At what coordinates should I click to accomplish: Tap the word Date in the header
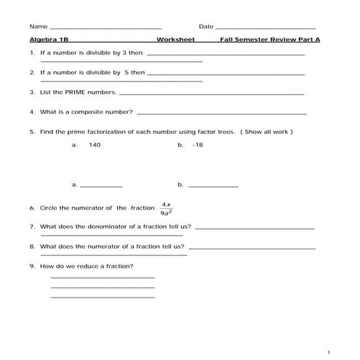[206, 26]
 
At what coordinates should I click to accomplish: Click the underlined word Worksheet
[175, 40]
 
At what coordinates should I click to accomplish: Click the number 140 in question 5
[95, 145]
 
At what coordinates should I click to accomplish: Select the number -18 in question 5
[198, 145]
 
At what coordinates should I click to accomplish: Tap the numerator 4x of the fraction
[166, 204]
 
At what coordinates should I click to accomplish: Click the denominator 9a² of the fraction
[166, 213]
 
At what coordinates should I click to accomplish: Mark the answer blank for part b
[213, 186]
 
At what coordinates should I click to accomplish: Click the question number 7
[32, 226]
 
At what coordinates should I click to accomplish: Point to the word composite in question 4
[92, 113]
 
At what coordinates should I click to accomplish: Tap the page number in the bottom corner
[329, 352]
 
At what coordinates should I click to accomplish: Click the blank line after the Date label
[265, 28]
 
